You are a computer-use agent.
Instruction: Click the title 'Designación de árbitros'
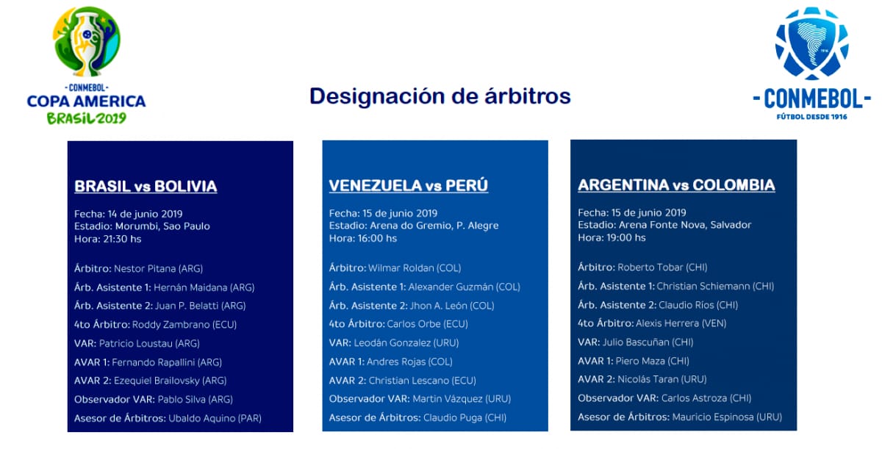440,96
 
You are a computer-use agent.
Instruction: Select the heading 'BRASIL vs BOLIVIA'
146,187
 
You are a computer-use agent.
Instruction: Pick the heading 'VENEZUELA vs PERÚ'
408,186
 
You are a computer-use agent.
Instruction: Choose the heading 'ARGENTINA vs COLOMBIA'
676,185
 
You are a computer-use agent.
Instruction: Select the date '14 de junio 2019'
140,214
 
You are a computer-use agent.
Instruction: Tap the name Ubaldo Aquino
215,418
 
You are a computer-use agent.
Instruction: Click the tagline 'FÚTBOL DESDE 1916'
811,116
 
